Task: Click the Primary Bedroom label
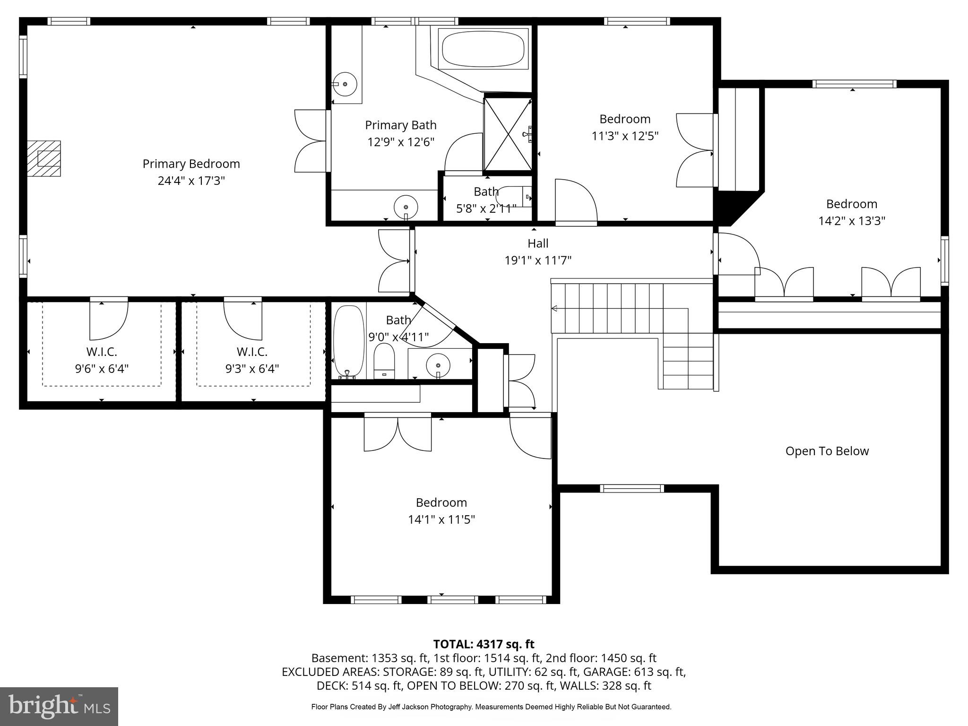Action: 191,164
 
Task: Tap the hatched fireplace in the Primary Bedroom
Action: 44,158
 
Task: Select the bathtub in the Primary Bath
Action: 483,49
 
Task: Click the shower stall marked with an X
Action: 508,134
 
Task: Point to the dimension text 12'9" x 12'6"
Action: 401,142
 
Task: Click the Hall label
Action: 538,243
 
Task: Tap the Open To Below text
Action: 827,451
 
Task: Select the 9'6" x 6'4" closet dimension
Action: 102,369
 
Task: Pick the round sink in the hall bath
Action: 438,365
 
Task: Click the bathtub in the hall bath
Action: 349,341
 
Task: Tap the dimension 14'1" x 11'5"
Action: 441,519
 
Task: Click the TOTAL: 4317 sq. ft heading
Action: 484,644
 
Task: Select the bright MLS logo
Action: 59,706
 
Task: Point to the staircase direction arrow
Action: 554,309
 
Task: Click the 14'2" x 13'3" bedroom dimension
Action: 851,221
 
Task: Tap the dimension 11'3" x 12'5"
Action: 625,136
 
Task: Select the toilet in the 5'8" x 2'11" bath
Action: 513,197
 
